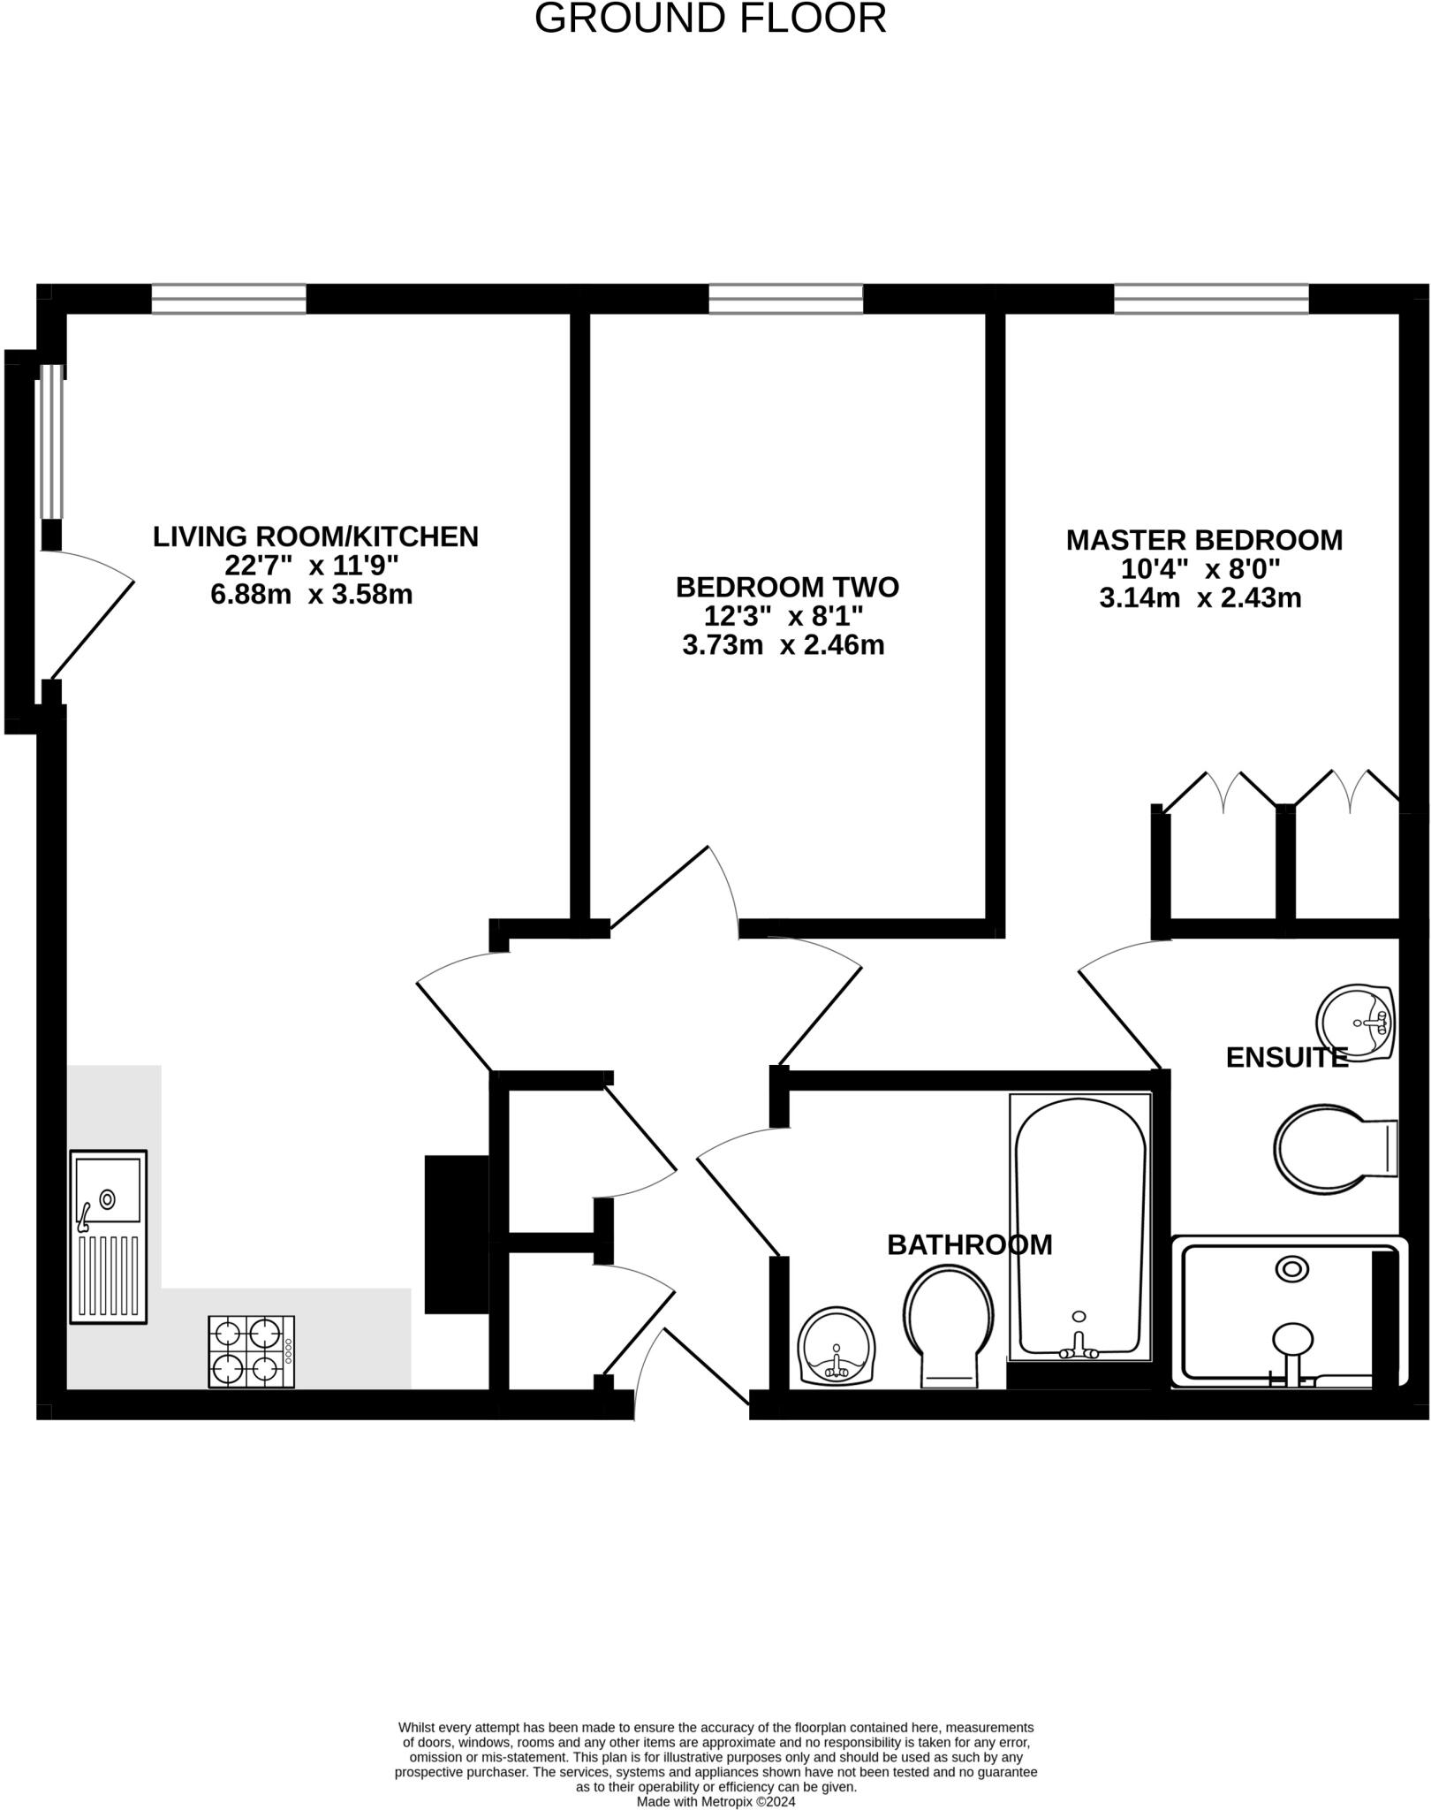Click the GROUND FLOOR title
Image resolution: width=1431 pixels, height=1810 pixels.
[710, 18]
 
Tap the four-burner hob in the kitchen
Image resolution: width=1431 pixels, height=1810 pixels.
[251, 1352]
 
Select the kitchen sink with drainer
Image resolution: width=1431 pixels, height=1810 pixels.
[108, 1236]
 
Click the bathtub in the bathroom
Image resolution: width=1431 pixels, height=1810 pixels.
[1080, 1228]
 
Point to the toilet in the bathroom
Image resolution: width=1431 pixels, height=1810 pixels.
[949, 1326]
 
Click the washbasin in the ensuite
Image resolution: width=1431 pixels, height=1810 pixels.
[1355, 1023]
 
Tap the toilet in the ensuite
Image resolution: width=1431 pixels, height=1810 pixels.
[1334, 1149]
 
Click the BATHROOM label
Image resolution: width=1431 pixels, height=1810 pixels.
[969, 1245]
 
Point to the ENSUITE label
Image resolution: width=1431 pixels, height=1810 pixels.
[1286, 1058]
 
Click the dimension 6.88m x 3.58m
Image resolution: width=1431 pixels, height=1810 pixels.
[312, 595]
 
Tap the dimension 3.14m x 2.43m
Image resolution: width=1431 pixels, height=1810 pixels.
[1200, 598]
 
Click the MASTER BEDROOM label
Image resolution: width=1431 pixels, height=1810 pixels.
[1203, 540]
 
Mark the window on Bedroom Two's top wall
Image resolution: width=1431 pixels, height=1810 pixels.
[785, 299]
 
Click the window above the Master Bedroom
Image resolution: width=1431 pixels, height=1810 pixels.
[1210, 299]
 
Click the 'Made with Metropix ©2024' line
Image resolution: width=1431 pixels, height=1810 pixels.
[715, 1801]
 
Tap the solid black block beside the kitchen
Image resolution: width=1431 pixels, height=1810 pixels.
[457, 1234]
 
